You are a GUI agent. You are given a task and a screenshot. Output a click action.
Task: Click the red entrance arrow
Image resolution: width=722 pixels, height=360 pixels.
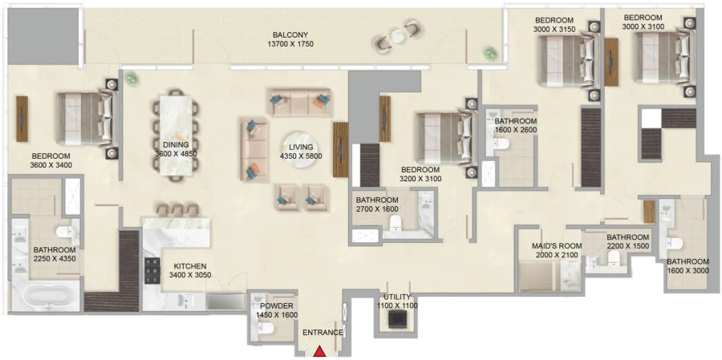pyautogui.click(x=319, y=350)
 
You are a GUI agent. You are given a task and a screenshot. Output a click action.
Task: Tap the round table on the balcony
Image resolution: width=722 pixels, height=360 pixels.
pyautogui.click(x=399, y=36)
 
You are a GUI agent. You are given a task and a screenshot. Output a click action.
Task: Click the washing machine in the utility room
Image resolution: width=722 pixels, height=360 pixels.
pyautogui.click(x=396, y=318)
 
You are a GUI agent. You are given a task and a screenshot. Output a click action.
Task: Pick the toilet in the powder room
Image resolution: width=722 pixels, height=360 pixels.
pyautogui.click(x=269, y=328)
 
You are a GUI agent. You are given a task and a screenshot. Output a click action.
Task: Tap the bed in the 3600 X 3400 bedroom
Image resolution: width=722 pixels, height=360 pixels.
pyautogui.click(x=85, y=118)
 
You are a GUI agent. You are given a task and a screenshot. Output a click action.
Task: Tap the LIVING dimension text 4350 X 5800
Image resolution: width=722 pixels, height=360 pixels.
pyautogui.click(x=301, y=157)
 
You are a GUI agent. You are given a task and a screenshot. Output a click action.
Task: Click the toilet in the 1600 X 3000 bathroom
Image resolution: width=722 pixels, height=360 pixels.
pyautogui.click(x=674, y=242)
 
